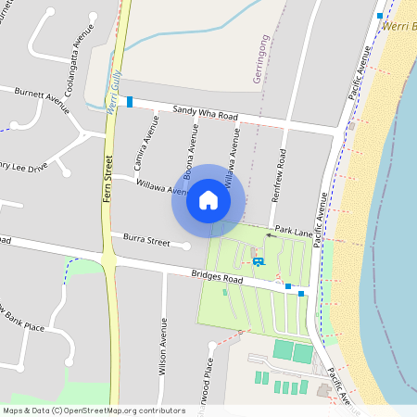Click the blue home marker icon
(x=208, y=200)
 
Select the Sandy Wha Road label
(x=206, y=114)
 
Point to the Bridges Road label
(x=219, y=277)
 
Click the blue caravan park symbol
(x=258, y=261)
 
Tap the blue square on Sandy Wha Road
(x=130, y=101)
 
